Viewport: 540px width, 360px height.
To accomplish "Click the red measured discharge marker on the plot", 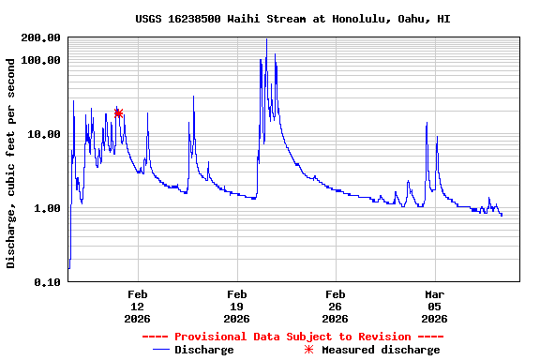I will tap(118, 112).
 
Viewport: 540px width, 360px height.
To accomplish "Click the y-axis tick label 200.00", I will tap(40, 37).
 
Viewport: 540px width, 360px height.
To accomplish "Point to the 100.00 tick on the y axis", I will tap(40, 60).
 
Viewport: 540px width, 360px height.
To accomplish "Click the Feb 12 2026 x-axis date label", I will tap(137, 306).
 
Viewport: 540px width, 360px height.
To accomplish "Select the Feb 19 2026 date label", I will tap(236, 306).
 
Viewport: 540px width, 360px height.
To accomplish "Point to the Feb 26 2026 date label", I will tap(336, 306).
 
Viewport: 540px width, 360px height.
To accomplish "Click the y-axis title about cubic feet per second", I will tap(11, 163).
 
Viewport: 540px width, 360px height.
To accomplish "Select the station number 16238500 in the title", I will tap(194, 19).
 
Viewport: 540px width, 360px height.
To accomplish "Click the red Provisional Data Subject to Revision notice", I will tap(292, 337).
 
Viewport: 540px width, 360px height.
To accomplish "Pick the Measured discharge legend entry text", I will tap(381, 350).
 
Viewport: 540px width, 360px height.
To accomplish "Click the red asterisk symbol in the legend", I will tap(310, 350).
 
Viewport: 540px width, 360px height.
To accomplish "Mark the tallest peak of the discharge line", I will tap(266, 39).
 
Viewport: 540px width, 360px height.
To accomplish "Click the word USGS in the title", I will tap(149, 19).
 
